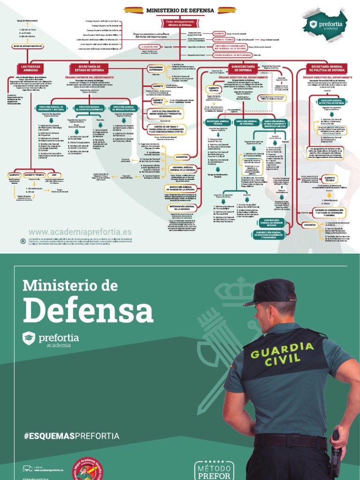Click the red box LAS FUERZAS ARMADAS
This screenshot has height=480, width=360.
[31, 68]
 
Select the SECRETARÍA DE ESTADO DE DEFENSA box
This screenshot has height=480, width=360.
[90, 68]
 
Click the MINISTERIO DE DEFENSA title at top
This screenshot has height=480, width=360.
[180, 10]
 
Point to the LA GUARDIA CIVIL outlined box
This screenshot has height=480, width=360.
[149, 47]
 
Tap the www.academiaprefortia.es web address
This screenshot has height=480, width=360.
[80, 232]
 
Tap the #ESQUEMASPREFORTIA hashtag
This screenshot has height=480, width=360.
[71, 436]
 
